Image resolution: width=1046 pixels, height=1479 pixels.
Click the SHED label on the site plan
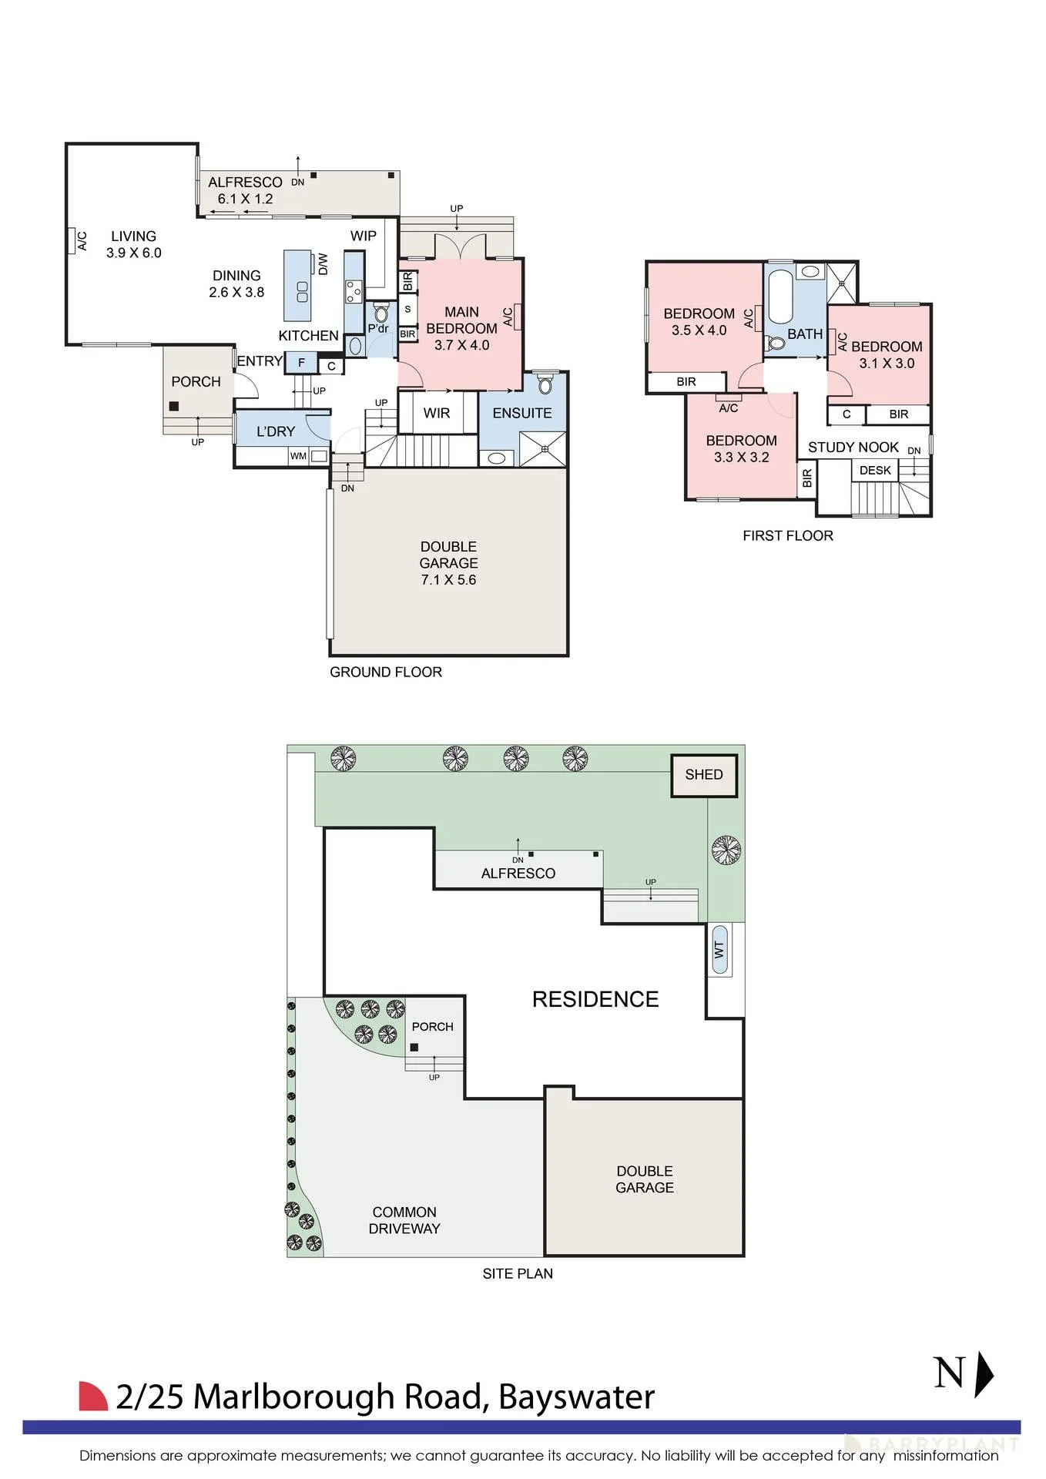pyautogui.click(x=704, y=774)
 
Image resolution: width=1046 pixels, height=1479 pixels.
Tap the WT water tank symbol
pyautogui.click(x=719, y=950)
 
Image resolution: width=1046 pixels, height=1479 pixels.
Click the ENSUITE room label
pyautogui.click(x=522, y=413)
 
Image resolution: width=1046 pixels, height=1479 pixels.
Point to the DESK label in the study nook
pyautogui.click(x=875, y=470)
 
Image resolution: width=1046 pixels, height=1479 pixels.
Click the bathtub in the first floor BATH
pyautogui.click(x=779, y=297)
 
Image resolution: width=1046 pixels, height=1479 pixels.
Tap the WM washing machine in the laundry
pyautogui.click(x=309, y=456)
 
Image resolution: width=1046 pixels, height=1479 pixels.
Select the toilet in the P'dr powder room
pyautogui.click(x=381, y=314)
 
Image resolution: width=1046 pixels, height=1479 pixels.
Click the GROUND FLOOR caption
pyautogui.click(x=386, y=672)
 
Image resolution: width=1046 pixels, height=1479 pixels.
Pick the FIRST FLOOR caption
pyautogui.click(x=788, y=535)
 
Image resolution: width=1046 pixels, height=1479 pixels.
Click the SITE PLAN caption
pyautogui.click(x=518, y=1273)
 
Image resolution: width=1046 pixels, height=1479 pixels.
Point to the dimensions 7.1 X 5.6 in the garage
pyautogui.click(x=448, y=580)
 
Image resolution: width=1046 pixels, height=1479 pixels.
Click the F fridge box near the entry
pyautogui.click(x=301, y=362)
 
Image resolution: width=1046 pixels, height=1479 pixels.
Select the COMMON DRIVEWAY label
pyautogui.click(x=404, y=1220)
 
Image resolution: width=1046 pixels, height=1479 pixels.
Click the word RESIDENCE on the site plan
pyautogui.click(x=595, y=999)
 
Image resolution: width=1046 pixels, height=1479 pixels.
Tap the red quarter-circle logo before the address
pyautogui.click(x=93, y=1396)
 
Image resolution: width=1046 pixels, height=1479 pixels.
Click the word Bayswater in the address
pyautogui.click(x=577, y=1397)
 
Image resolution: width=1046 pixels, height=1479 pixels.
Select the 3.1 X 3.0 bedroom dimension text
pyautogui.click(x=887, y=364)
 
